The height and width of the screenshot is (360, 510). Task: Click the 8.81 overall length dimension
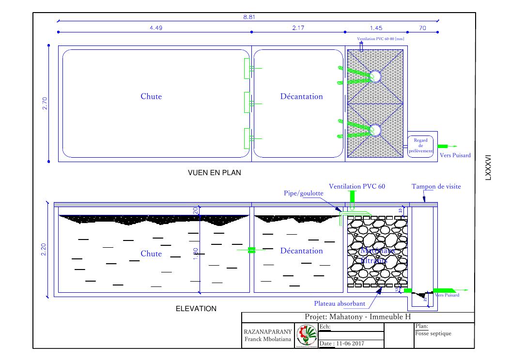tap(249, 17)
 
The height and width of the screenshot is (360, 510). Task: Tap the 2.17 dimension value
tap(298, 28)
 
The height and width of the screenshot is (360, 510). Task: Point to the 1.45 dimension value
tap(376, 28)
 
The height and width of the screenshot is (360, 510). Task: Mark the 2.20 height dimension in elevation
tap(44, 250)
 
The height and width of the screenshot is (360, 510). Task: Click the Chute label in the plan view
tap(151, 96)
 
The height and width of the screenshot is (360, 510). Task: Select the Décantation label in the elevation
tap(301, 251)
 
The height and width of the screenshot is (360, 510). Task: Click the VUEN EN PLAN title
tap(214, 172)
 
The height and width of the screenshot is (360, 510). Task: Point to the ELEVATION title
tap(196, 309)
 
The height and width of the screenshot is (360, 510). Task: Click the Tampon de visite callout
tap(436, 186)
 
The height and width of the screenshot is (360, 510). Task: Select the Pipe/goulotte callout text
tap(304, 193)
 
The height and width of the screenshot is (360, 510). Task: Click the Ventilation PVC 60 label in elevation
tap(357, 186)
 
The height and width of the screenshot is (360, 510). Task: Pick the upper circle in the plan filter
tap(375, 76)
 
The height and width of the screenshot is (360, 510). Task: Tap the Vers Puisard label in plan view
tap(455, 155)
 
